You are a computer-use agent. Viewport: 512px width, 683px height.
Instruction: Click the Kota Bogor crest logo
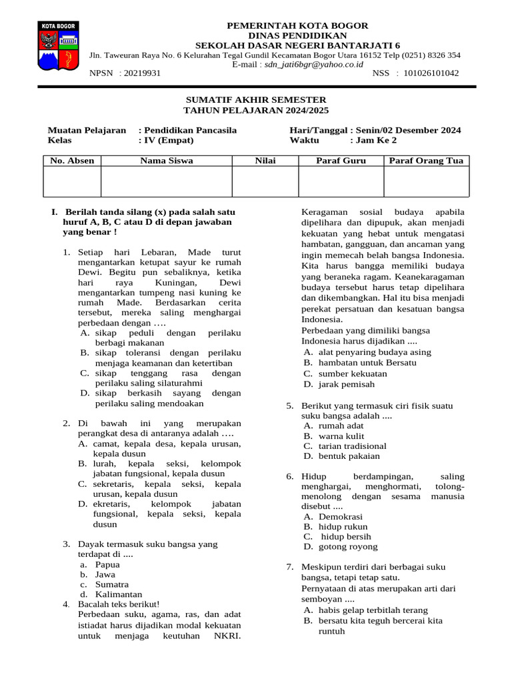(59, 47)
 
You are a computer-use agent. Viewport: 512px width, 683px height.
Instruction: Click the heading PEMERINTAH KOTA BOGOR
(297, 25)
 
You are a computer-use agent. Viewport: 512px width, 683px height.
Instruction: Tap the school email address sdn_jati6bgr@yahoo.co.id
(313, 65)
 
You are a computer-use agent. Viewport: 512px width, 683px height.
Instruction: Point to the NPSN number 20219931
(141, 73)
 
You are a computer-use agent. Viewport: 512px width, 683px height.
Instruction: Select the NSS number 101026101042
(431, 73)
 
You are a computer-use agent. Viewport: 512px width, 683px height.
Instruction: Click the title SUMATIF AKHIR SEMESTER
(256, 99)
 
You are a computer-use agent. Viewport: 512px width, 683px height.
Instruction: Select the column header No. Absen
(72, 161)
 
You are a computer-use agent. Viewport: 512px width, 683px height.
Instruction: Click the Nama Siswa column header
(167, 161)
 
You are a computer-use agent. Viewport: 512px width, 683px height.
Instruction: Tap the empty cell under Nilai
(265, 181)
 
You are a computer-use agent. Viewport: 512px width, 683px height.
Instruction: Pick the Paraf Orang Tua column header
(426, 161)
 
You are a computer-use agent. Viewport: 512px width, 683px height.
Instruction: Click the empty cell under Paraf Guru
(341, 181)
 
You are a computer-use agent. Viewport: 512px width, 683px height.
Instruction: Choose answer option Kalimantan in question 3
(118, 594)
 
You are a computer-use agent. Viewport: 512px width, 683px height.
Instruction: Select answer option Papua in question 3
(107, 564)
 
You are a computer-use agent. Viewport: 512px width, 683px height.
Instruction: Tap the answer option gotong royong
(348, 547)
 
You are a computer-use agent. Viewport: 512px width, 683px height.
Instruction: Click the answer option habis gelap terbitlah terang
(373, 610)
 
